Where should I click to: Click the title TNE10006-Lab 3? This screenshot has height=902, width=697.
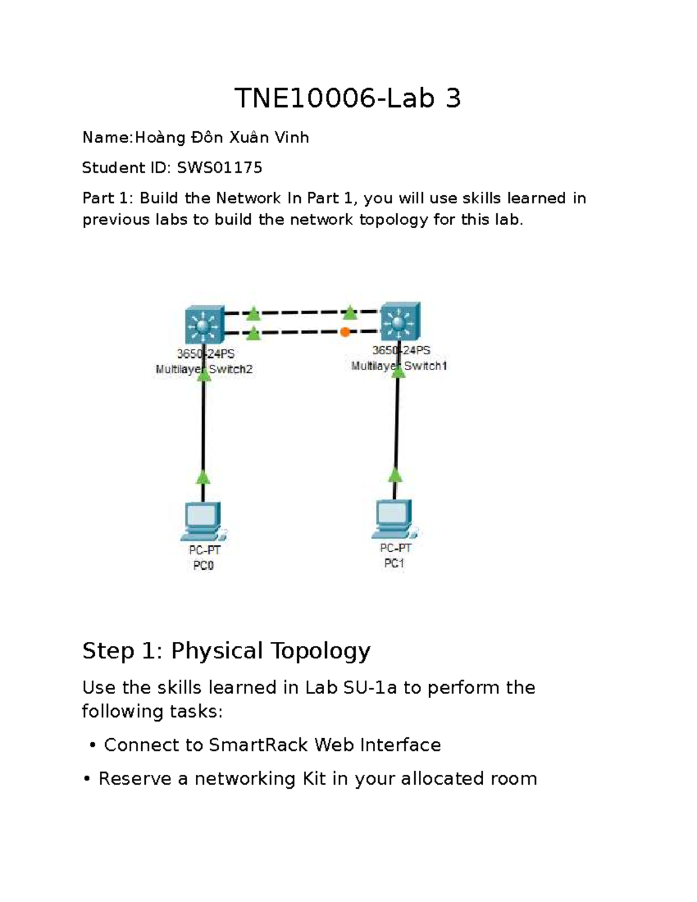pos(347,99)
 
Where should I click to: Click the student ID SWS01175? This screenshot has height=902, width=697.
pos(220,168)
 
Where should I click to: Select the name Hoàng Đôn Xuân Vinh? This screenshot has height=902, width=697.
pos(222,138)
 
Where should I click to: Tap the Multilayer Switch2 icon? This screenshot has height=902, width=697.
pos(204,325)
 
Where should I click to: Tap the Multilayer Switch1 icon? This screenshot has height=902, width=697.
pos(400,321)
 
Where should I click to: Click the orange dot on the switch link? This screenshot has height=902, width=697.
pos(345,332)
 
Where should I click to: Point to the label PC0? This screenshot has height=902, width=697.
pos(203,565)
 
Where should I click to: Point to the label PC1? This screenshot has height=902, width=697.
pos(394,563)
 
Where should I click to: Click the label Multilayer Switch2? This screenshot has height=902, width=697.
pos(204,369)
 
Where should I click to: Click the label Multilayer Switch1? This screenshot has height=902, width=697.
pos(399,366)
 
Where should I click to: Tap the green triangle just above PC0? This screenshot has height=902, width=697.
pos(203,477)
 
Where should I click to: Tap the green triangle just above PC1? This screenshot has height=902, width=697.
pos(396,475)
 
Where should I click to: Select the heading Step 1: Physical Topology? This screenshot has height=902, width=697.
pos(226,651)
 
